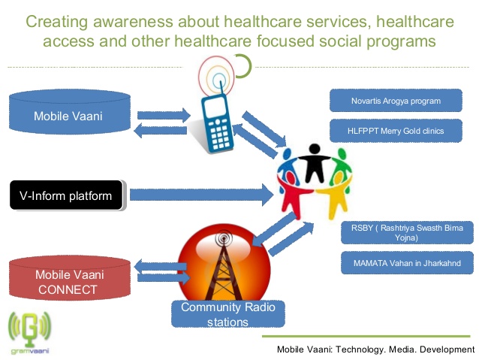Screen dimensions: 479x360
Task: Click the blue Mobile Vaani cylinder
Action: pos(70,112)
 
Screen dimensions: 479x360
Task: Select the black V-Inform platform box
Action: pos(66,195)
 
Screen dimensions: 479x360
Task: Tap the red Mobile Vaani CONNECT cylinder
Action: pos(70,278)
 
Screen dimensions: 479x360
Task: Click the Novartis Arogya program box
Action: pos(396,101)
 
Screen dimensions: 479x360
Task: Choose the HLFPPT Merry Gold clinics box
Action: pos(396,131)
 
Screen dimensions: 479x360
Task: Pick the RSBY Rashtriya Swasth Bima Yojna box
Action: pos(407,232)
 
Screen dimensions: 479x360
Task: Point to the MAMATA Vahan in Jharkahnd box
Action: pos(407,263)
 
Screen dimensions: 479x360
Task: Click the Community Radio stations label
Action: pos(228,314)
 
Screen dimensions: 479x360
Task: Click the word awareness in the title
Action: pos(133,22)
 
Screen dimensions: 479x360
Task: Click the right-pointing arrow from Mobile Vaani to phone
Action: pos(164,115)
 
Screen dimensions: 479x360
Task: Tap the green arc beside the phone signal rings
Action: pos(245,65)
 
